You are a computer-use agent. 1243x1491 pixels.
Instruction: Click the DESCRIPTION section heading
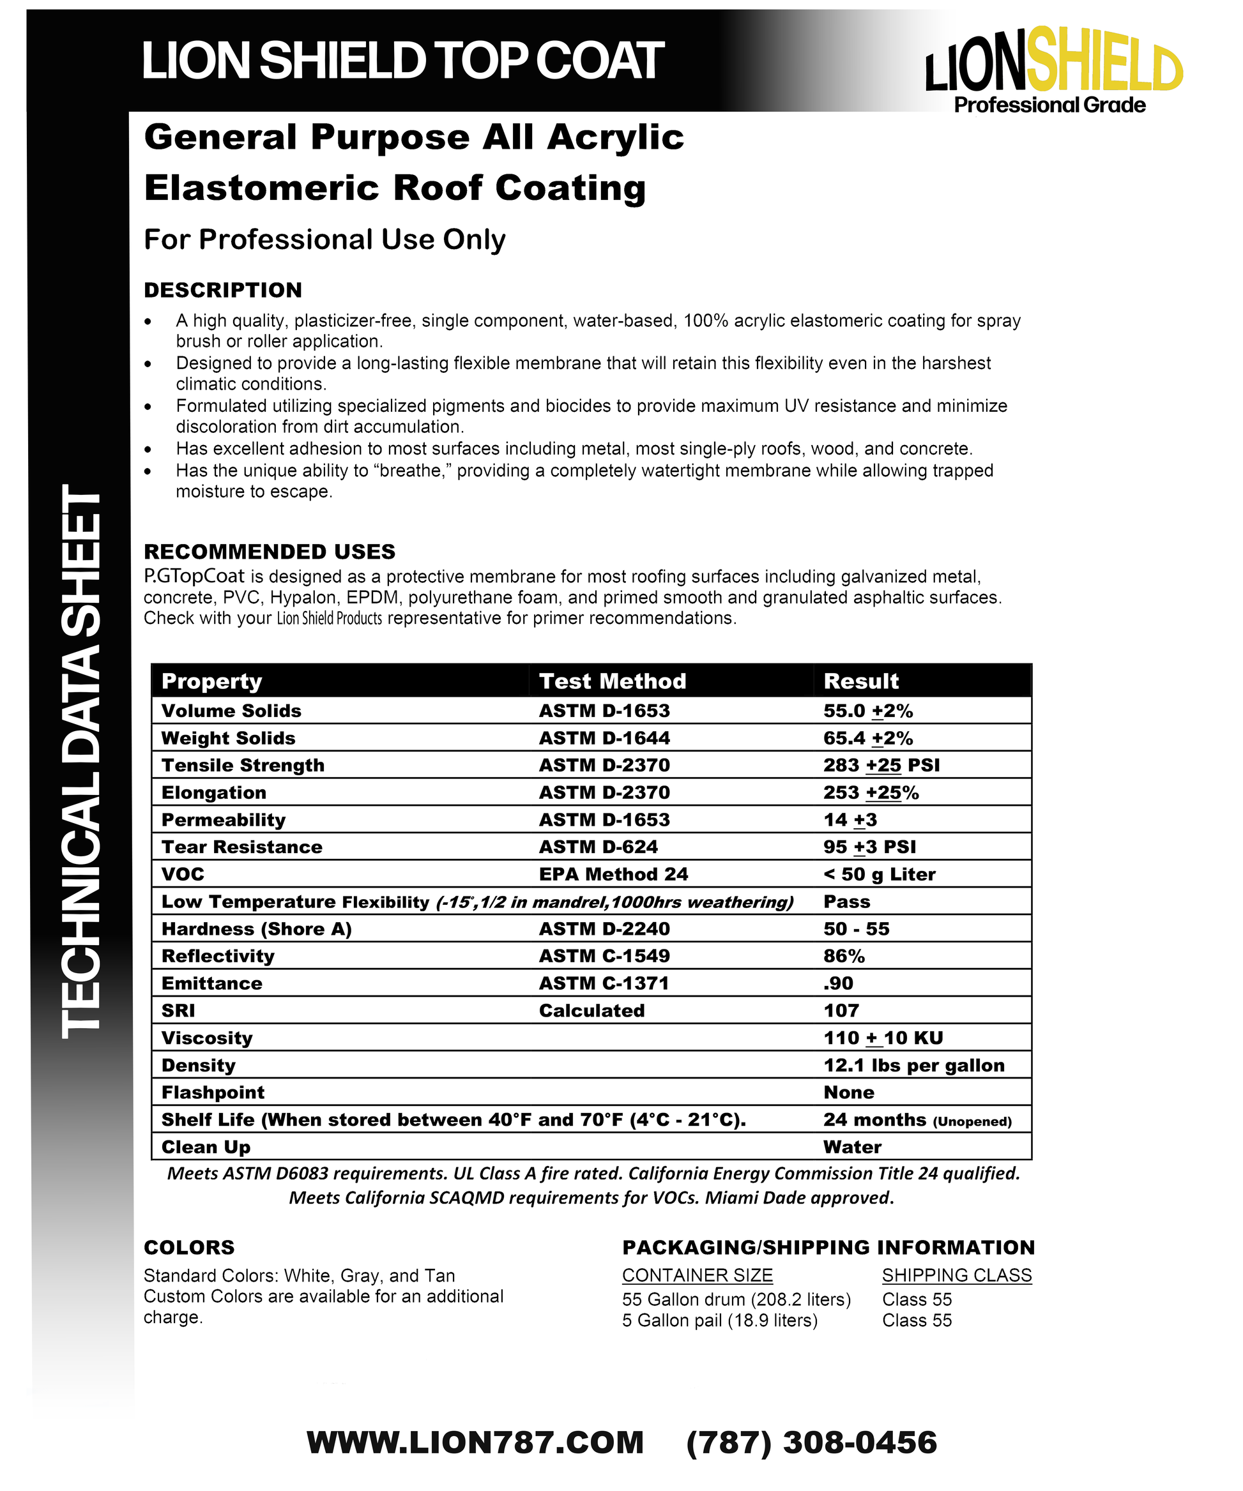[x=222, y=291]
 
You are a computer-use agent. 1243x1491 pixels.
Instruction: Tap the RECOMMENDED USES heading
[x=269, y=552]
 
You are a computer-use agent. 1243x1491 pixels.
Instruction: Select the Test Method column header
[x=613, y=681]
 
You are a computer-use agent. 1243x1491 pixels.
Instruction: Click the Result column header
[x=861, y=681]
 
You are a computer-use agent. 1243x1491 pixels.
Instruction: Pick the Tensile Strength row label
[x=242, y=766]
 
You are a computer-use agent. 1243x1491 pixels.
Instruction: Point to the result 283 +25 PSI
[x=881, y=766]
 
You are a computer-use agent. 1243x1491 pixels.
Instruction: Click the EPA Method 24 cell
[x=613, y=874]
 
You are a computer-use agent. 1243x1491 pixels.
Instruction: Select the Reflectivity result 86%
[x=844, y=957]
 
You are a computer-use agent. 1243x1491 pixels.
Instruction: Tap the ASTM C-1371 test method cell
[x=604, y=983]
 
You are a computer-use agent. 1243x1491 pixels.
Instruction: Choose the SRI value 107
[x=841, y=1010]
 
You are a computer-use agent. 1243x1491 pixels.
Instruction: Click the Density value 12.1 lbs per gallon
[x=913, y=1065]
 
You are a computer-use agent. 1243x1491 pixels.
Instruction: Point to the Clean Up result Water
[x=851, y=1147]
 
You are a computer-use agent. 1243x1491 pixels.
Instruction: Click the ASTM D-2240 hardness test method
[x=604, y=928]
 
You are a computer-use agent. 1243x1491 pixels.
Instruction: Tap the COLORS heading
[x=189, y=1248]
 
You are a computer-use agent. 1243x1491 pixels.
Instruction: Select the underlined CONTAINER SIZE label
[x=697, y=1275]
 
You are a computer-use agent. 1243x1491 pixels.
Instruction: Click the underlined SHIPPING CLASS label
[x=956, y=1275]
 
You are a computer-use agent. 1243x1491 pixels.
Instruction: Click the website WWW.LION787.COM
[x=475, y=1442]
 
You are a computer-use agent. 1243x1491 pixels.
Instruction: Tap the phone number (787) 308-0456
[x=811, y=1442]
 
